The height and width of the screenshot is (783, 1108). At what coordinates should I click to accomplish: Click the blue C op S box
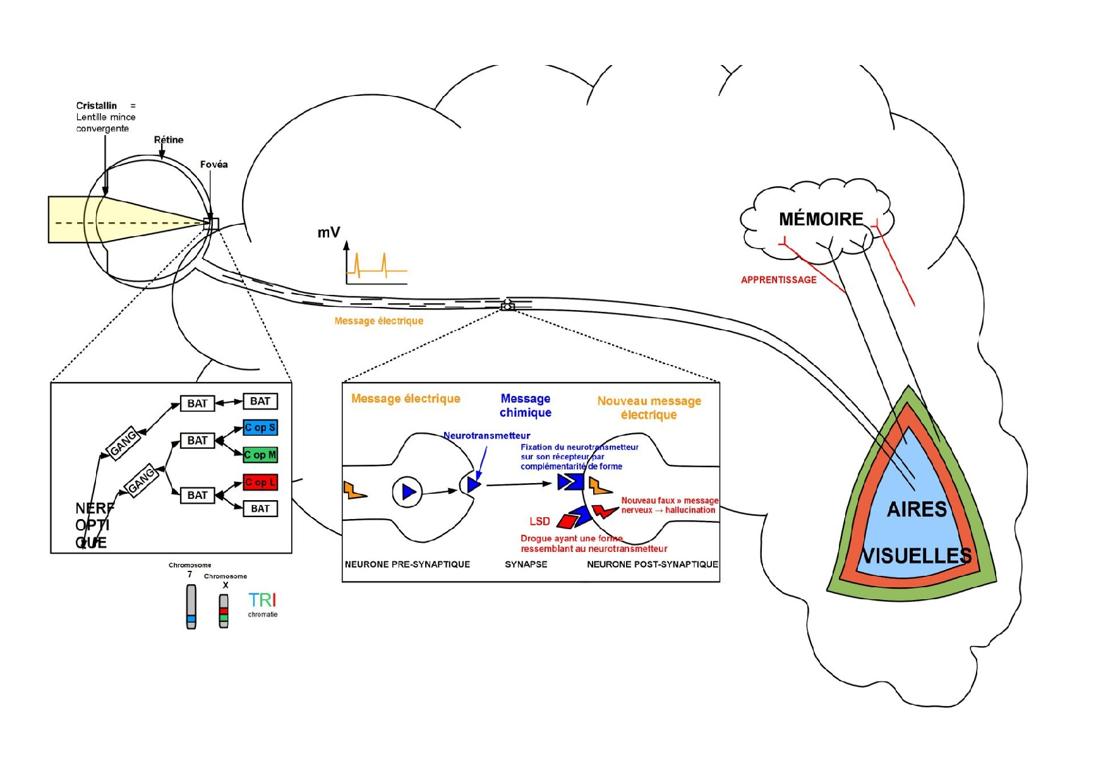click(260, 427)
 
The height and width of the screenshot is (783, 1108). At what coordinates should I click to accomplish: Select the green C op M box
click(260, 455)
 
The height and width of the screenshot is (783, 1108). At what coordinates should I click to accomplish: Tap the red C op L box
click(260, 482)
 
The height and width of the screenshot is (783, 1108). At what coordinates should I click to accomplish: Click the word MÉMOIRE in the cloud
click(821, 219)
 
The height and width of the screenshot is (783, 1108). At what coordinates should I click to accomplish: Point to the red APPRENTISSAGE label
click(778, 280)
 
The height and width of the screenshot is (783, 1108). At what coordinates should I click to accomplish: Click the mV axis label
click(328, 232)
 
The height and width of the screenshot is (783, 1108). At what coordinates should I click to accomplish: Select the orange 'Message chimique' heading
click(526, 405)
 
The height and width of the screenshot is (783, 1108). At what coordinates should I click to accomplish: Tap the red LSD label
click(539, 521)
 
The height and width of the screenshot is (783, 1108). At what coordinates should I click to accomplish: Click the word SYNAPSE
click(526, 564)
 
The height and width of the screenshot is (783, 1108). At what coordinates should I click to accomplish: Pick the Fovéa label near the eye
click(214, 164)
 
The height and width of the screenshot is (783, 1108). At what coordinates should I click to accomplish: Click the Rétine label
click(169, 140)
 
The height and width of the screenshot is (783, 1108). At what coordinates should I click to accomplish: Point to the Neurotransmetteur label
click(486, 435)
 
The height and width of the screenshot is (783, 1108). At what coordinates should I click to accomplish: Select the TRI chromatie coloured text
click(262, 601)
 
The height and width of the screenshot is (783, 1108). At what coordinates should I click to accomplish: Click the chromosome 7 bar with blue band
click(191, 607)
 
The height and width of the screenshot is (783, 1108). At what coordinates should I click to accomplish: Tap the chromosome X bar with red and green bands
click(224, 611)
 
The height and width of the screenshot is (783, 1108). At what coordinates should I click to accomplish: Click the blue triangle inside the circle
click(409, 491)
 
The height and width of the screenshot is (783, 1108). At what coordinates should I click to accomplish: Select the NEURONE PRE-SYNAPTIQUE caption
click(407, 564)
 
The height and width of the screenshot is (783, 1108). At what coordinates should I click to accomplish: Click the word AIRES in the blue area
click(917, 509)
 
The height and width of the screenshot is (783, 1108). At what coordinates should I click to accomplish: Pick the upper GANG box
click(123, 443)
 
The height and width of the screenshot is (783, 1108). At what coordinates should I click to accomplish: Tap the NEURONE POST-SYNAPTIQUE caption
click(652, 564)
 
